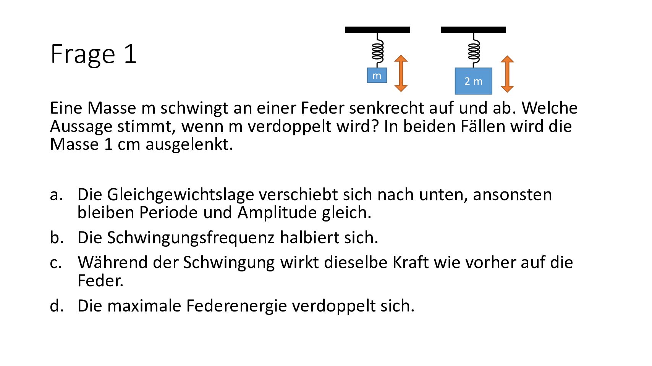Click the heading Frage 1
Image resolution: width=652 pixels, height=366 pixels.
[93, 54]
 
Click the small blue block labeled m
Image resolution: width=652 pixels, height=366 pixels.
[377, 75]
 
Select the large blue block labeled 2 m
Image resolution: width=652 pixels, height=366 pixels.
[474, 81]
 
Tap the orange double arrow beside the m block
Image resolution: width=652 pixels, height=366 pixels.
[401, 74]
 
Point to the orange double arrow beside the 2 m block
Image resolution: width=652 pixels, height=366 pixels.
[507, 74]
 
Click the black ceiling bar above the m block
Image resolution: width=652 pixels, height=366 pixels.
[377, 30]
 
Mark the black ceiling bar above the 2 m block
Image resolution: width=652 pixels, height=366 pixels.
[474, 30]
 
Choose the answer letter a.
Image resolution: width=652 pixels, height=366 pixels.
[56, 195]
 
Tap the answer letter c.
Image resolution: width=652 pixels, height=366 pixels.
[56, 263]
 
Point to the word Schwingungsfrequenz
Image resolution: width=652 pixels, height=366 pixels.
[191, 238]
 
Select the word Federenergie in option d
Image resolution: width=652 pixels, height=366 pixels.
[236, 306]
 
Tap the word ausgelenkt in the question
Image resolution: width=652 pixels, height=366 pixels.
[189, 144]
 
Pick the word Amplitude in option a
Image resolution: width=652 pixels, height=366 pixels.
[277, 213]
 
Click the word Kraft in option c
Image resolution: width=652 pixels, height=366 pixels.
[410, 263]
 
